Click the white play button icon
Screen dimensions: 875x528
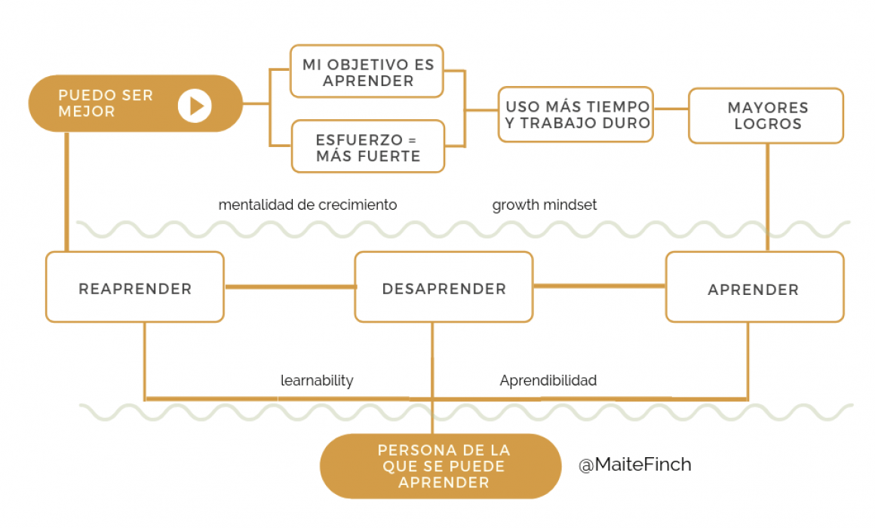coord(195,106)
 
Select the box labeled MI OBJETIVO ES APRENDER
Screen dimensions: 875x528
coord(367,72)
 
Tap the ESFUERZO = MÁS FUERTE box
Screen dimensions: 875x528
coord(368,146)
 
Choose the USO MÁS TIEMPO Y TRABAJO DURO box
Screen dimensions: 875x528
coord(576,115)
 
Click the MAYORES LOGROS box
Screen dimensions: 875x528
coord(766,115)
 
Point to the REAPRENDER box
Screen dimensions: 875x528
coord(135,287)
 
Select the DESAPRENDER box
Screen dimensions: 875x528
coord(444,287)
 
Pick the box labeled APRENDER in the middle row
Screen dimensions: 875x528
coord(754,287)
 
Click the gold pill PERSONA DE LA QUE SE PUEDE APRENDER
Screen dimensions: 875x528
coord(441,466)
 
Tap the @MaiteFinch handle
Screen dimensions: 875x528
coord(635,465)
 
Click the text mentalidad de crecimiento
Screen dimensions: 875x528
coord(308,205)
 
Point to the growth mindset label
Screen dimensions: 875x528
coord(544,205)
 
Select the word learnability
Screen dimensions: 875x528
coord(316,381)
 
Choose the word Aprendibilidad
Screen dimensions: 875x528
coord(548,381)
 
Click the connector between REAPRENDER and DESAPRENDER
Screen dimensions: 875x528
coord(290,287)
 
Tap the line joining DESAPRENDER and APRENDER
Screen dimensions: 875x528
coord(600,286)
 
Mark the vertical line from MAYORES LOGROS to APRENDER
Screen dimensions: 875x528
coord(767,198)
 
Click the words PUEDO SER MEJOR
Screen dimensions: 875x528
coord(106,103)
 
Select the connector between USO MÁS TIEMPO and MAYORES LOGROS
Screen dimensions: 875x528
coord(671,109)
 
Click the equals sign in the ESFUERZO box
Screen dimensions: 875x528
coord(413,140)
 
